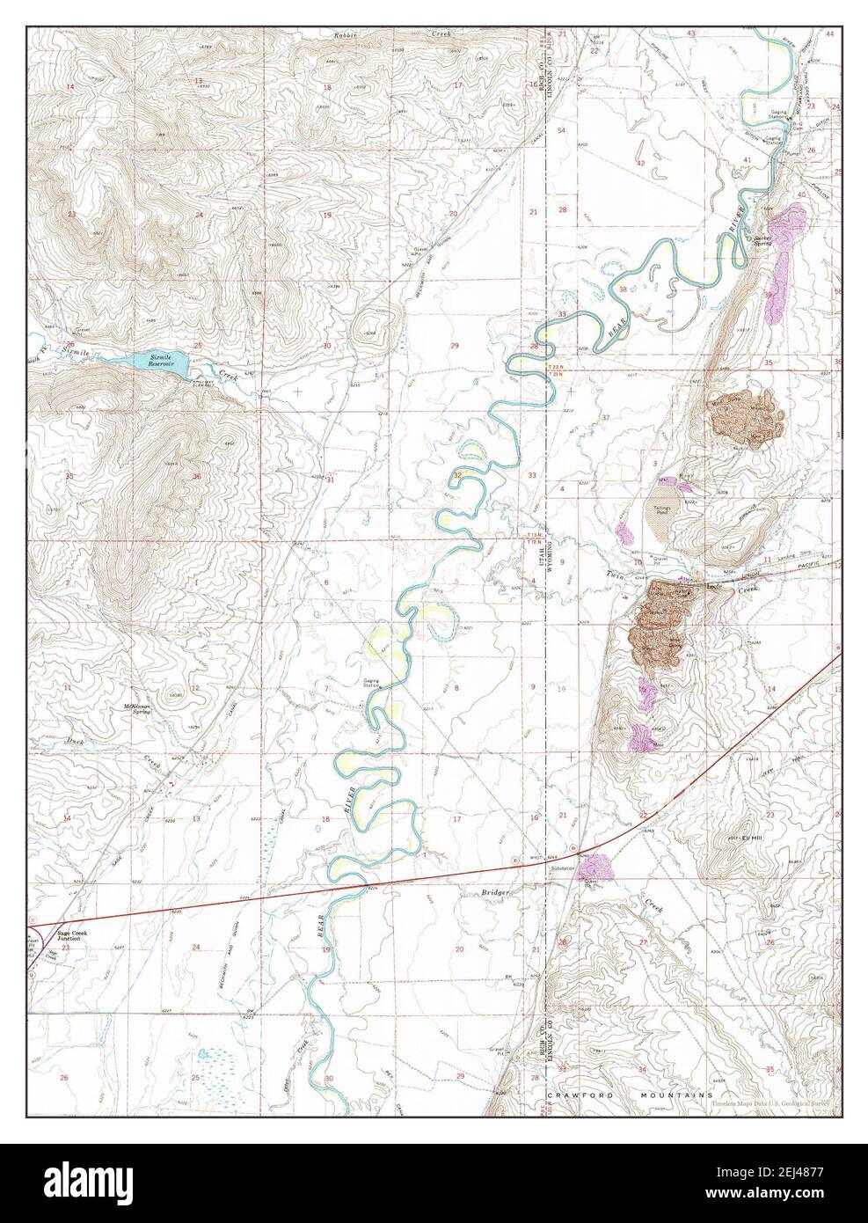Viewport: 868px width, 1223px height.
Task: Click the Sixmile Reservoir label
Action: [x=164, y=359]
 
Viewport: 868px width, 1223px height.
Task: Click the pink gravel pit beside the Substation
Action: [x=594, y=868]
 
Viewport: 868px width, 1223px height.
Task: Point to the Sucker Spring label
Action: [x=761, y=239]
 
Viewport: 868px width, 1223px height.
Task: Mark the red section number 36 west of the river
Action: [x=195, y=477]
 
